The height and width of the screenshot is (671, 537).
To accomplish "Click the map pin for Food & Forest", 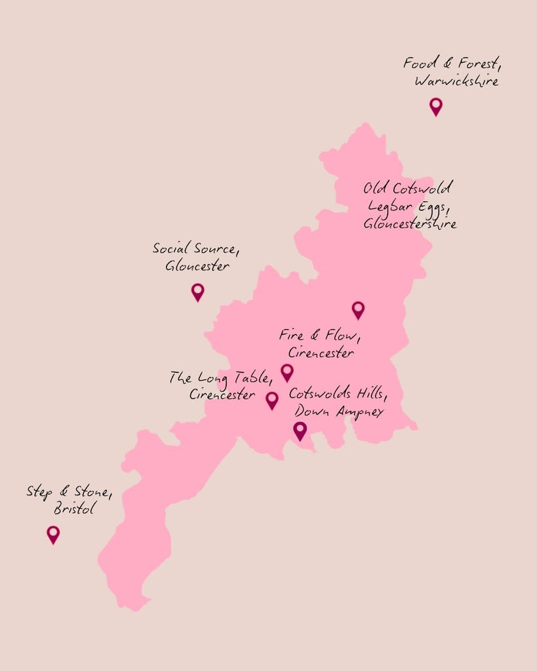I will point(435,105).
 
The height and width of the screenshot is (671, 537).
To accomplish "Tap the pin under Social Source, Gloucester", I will point(197,291).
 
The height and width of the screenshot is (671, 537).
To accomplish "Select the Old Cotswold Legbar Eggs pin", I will point(357,309).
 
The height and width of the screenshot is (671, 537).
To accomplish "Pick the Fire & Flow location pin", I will point(287,372).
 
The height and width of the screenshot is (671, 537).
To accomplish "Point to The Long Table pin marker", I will point(271,399).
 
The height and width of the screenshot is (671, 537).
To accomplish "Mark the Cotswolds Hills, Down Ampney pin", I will point(300,430).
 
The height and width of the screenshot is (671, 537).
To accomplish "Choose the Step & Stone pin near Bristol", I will point(53,533).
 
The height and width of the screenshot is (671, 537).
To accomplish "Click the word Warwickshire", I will point(456,82).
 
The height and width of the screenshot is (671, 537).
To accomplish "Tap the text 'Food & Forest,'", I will point(447,64).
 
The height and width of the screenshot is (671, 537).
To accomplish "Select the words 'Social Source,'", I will point(195,248).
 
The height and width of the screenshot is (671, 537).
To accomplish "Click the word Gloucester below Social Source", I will point(197,267).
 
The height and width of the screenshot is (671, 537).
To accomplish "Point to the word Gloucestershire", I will point(410,223).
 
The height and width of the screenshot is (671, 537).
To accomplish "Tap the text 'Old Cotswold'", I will point(407,189).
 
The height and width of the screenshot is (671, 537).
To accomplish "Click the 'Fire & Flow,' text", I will point(319,335).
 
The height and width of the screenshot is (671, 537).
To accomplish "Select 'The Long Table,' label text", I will point(221,378).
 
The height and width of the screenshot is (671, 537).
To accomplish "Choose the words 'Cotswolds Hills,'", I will point(338,394).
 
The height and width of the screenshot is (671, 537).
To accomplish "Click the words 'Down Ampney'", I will point(338,412).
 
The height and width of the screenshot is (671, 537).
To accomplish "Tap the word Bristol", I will point(75,508).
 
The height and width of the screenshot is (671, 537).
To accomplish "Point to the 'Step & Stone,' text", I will point(69,491).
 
